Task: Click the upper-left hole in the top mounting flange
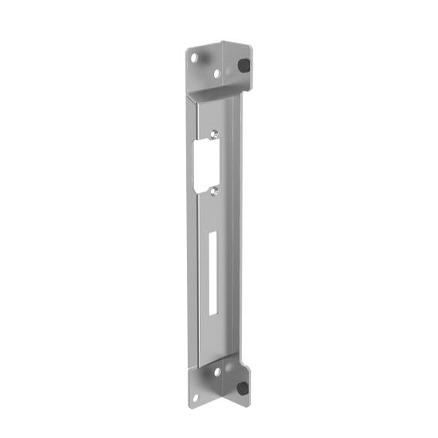point(195,57)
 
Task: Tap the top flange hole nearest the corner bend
point(216,73)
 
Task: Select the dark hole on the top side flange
point(245,66)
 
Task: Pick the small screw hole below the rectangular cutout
point(215,189)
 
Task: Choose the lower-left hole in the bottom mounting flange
point(196,398)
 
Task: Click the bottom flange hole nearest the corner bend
point(217,372)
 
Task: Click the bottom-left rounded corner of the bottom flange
point(189,405)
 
